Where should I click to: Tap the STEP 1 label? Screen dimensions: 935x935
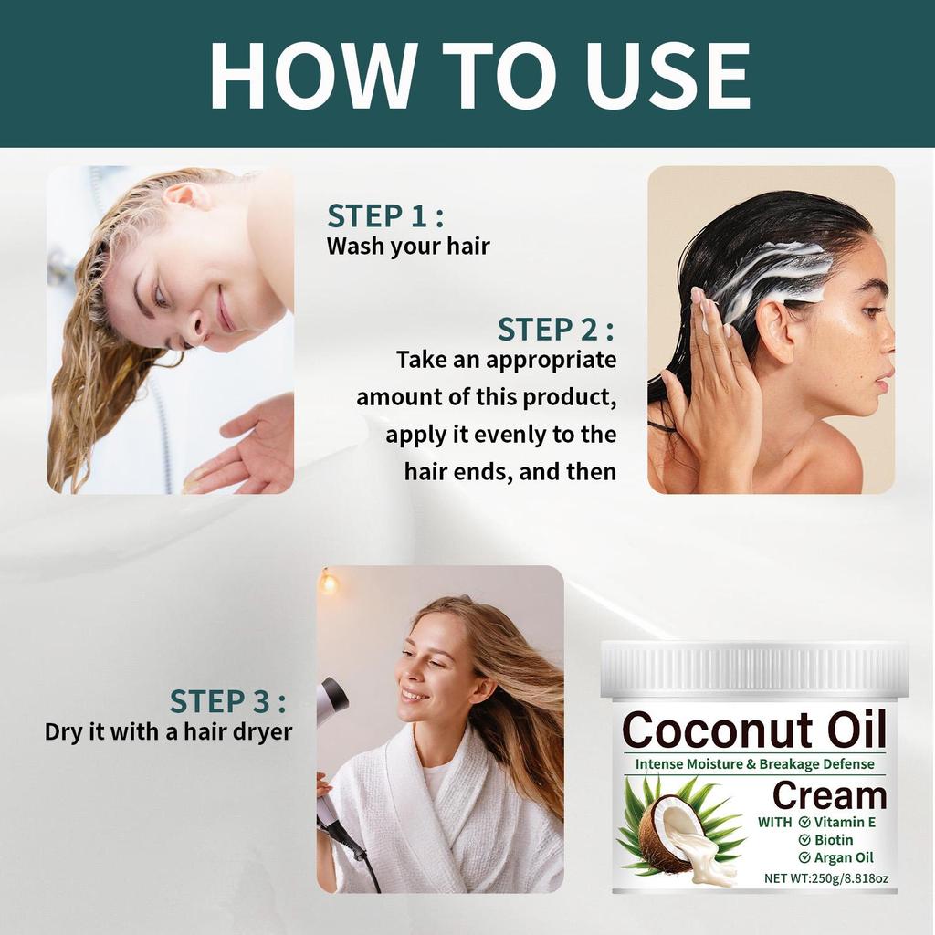[x=385, y=216]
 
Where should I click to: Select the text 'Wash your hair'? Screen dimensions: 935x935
[x=408, y=246]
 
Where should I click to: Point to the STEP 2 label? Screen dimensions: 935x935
[x=555, y=330]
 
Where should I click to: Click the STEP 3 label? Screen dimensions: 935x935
[x=227, y=702]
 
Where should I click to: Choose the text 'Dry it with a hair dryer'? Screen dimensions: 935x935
[x=168, y=731]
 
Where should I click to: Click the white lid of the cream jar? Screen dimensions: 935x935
[x=754, y=669]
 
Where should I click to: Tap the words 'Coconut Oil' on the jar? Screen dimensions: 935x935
[x=754, y=730]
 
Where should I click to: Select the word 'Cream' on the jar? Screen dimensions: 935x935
[x=829, y=795]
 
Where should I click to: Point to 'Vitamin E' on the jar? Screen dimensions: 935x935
[x=845, y=822]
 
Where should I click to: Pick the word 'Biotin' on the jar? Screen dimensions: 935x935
[x=834, y=839]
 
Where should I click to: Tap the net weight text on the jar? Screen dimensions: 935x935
[x=826, y=878]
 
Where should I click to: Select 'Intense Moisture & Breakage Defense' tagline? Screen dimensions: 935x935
[x=754, y=763]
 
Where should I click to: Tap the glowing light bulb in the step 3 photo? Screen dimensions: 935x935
[x=328, y=582]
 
